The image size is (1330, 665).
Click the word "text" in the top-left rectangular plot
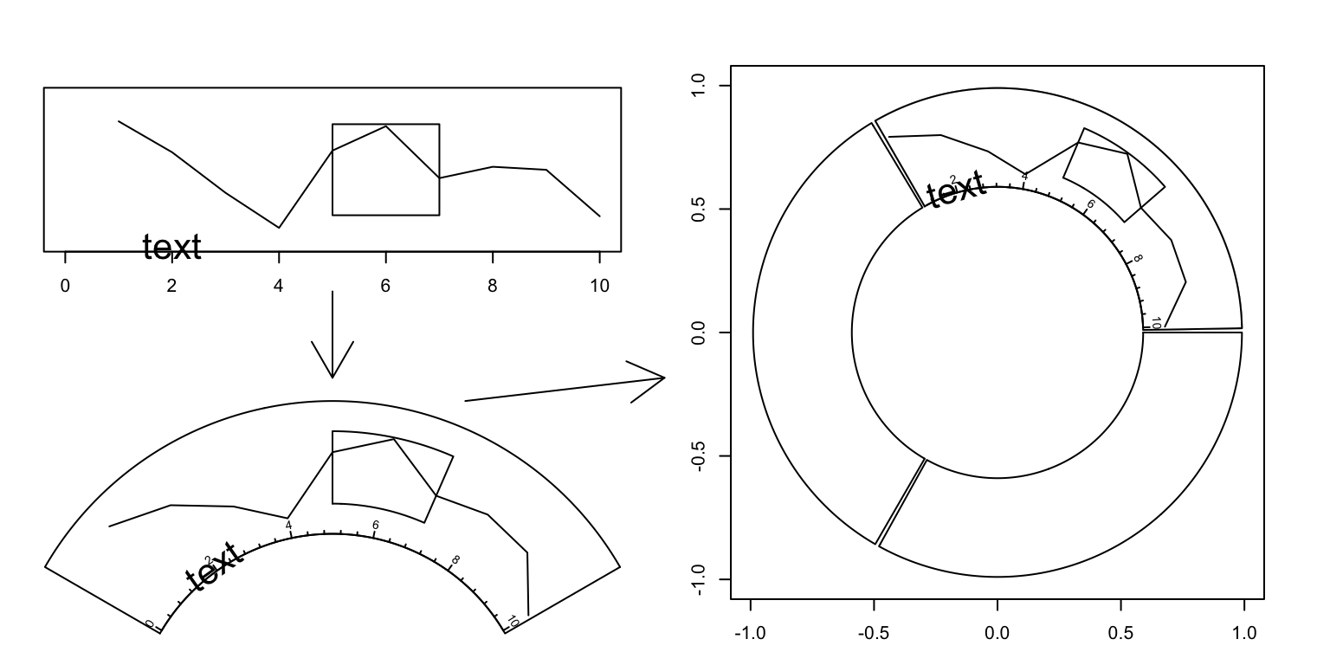click(x=171, y=248)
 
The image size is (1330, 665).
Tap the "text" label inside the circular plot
click(x=955, y=189)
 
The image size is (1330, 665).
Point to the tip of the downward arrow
click(x=332, y=378)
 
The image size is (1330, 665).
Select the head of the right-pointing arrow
click(x=662, y=378)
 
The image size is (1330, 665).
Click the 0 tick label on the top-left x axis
click(x=65, y=286)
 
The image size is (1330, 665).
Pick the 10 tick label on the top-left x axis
click(x=599, y=286)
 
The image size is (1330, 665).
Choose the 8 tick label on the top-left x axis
click(x=493, y=286)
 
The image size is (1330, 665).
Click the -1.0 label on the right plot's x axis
click(x=750, y=633)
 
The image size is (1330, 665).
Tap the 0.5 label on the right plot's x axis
click(x=1120, y=633)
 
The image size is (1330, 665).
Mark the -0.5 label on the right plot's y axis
click(x=700, y=456)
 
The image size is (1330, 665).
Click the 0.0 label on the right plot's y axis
click(x=700, y=332)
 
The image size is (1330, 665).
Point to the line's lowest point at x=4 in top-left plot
click(x=279, y=228)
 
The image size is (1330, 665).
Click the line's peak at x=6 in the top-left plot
click(x=386, y=126)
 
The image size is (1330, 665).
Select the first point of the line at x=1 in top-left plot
click(x=119, y=121)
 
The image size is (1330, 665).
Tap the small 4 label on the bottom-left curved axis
click(x=288, y=525)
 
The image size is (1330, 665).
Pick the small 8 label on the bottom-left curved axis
click(x=455, y=559)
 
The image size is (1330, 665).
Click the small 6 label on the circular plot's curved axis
click(x=1090, y=204)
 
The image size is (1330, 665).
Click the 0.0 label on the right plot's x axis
click(x=997, y=633)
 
